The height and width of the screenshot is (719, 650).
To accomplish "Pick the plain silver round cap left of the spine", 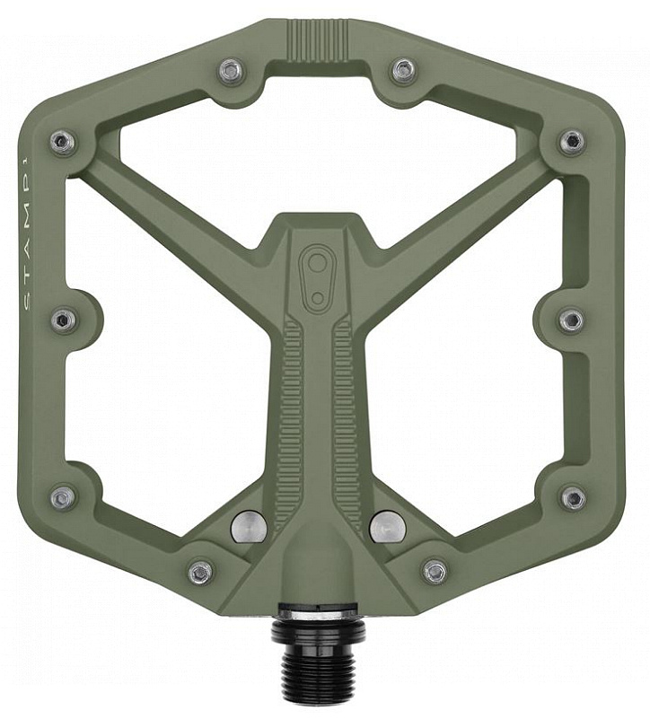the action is pyautogui.click(x=250, y=525).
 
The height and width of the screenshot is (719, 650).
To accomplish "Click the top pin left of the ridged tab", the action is pyautogui.click(x=230, y=70).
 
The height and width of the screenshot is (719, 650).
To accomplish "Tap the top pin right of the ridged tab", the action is pyautogui.click(x=404, y=69).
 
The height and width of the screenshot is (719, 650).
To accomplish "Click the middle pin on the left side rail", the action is pyautogui.click(x=63, y=320).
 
